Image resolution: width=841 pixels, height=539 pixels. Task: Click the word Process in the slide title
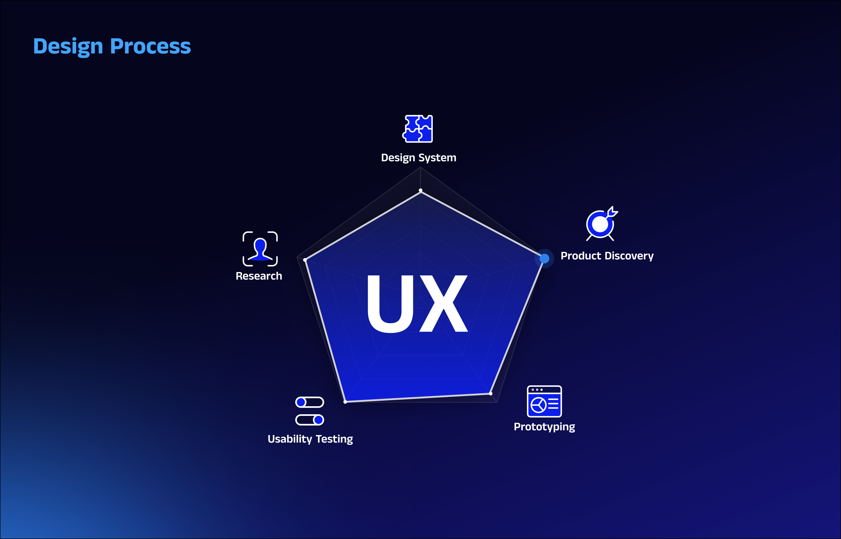pos(150,46)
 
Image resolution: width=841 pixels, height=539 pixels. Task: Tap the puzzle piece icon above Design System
pos(418,129)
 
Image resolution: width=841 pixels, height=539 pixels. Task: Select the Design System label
pos(418,158)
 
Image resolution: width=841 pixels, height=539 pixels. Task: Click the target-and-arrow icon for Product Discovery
pos(601,224)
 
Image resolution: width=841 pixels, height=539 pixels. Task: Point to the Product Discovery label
pos(607,256)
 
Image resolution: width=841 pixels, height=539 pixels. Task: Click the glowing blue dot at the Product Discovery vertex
pos(544,259)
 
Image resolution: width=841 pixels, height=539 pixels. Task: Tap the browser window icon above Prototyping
pos(544,401)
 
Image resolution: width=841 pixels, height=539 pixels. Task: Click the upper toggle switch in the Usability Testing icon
pos(310,402)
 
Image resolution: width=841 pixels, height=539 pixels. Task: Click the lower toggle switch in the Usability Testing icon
pos(310,420)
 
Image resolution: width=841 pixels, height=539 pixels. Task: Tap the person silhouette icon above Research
pos(260,249)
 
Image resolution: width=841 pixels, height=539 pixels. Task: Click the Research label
pos(259,276)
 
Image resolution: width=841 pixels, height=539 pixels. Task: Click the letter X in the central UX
pos(443,303)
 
